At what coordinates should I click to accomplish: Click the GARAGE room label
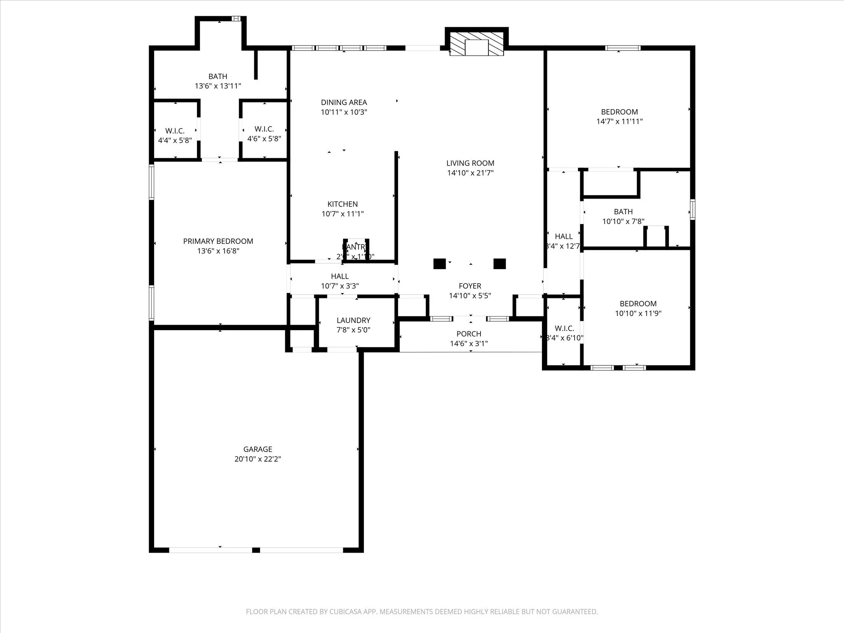pyautogui.click(x=258, y=449)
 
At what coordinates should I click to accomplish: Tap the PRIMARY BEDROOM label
pyautogui.click(x=218, y=241)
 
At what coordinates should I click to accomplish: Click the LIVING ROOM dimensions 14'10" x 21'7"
pyautogui.click(x=470, y=173)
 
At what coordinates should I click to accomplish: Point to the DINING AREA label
pyautogui.click(x=344, y=102)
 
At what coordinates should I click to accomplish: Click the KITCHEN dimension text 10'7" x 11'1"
pyautogui.click(x=342, y=214)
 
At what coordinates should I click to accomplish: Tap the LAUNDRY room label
pyautogui.click(x=353, y=320)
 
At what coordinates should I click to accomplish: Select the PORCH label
pyautogui.click(x=469, y=334)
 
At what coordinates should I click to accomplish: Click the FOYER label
pyautogui.click(x=470, y=286)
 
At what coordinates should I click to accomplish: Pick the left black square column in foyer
pyautogui.click(x=439, y=264)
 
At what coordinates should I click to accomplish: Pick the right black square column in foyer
pyautogui.click(x=499, y=264)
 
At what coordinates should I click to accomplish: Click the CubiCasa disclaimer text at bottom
pyautogui.click(x=422, y=612)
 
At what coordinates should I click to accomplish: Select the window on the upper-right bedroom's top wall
pyautogui.click(x=623, y=48)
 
